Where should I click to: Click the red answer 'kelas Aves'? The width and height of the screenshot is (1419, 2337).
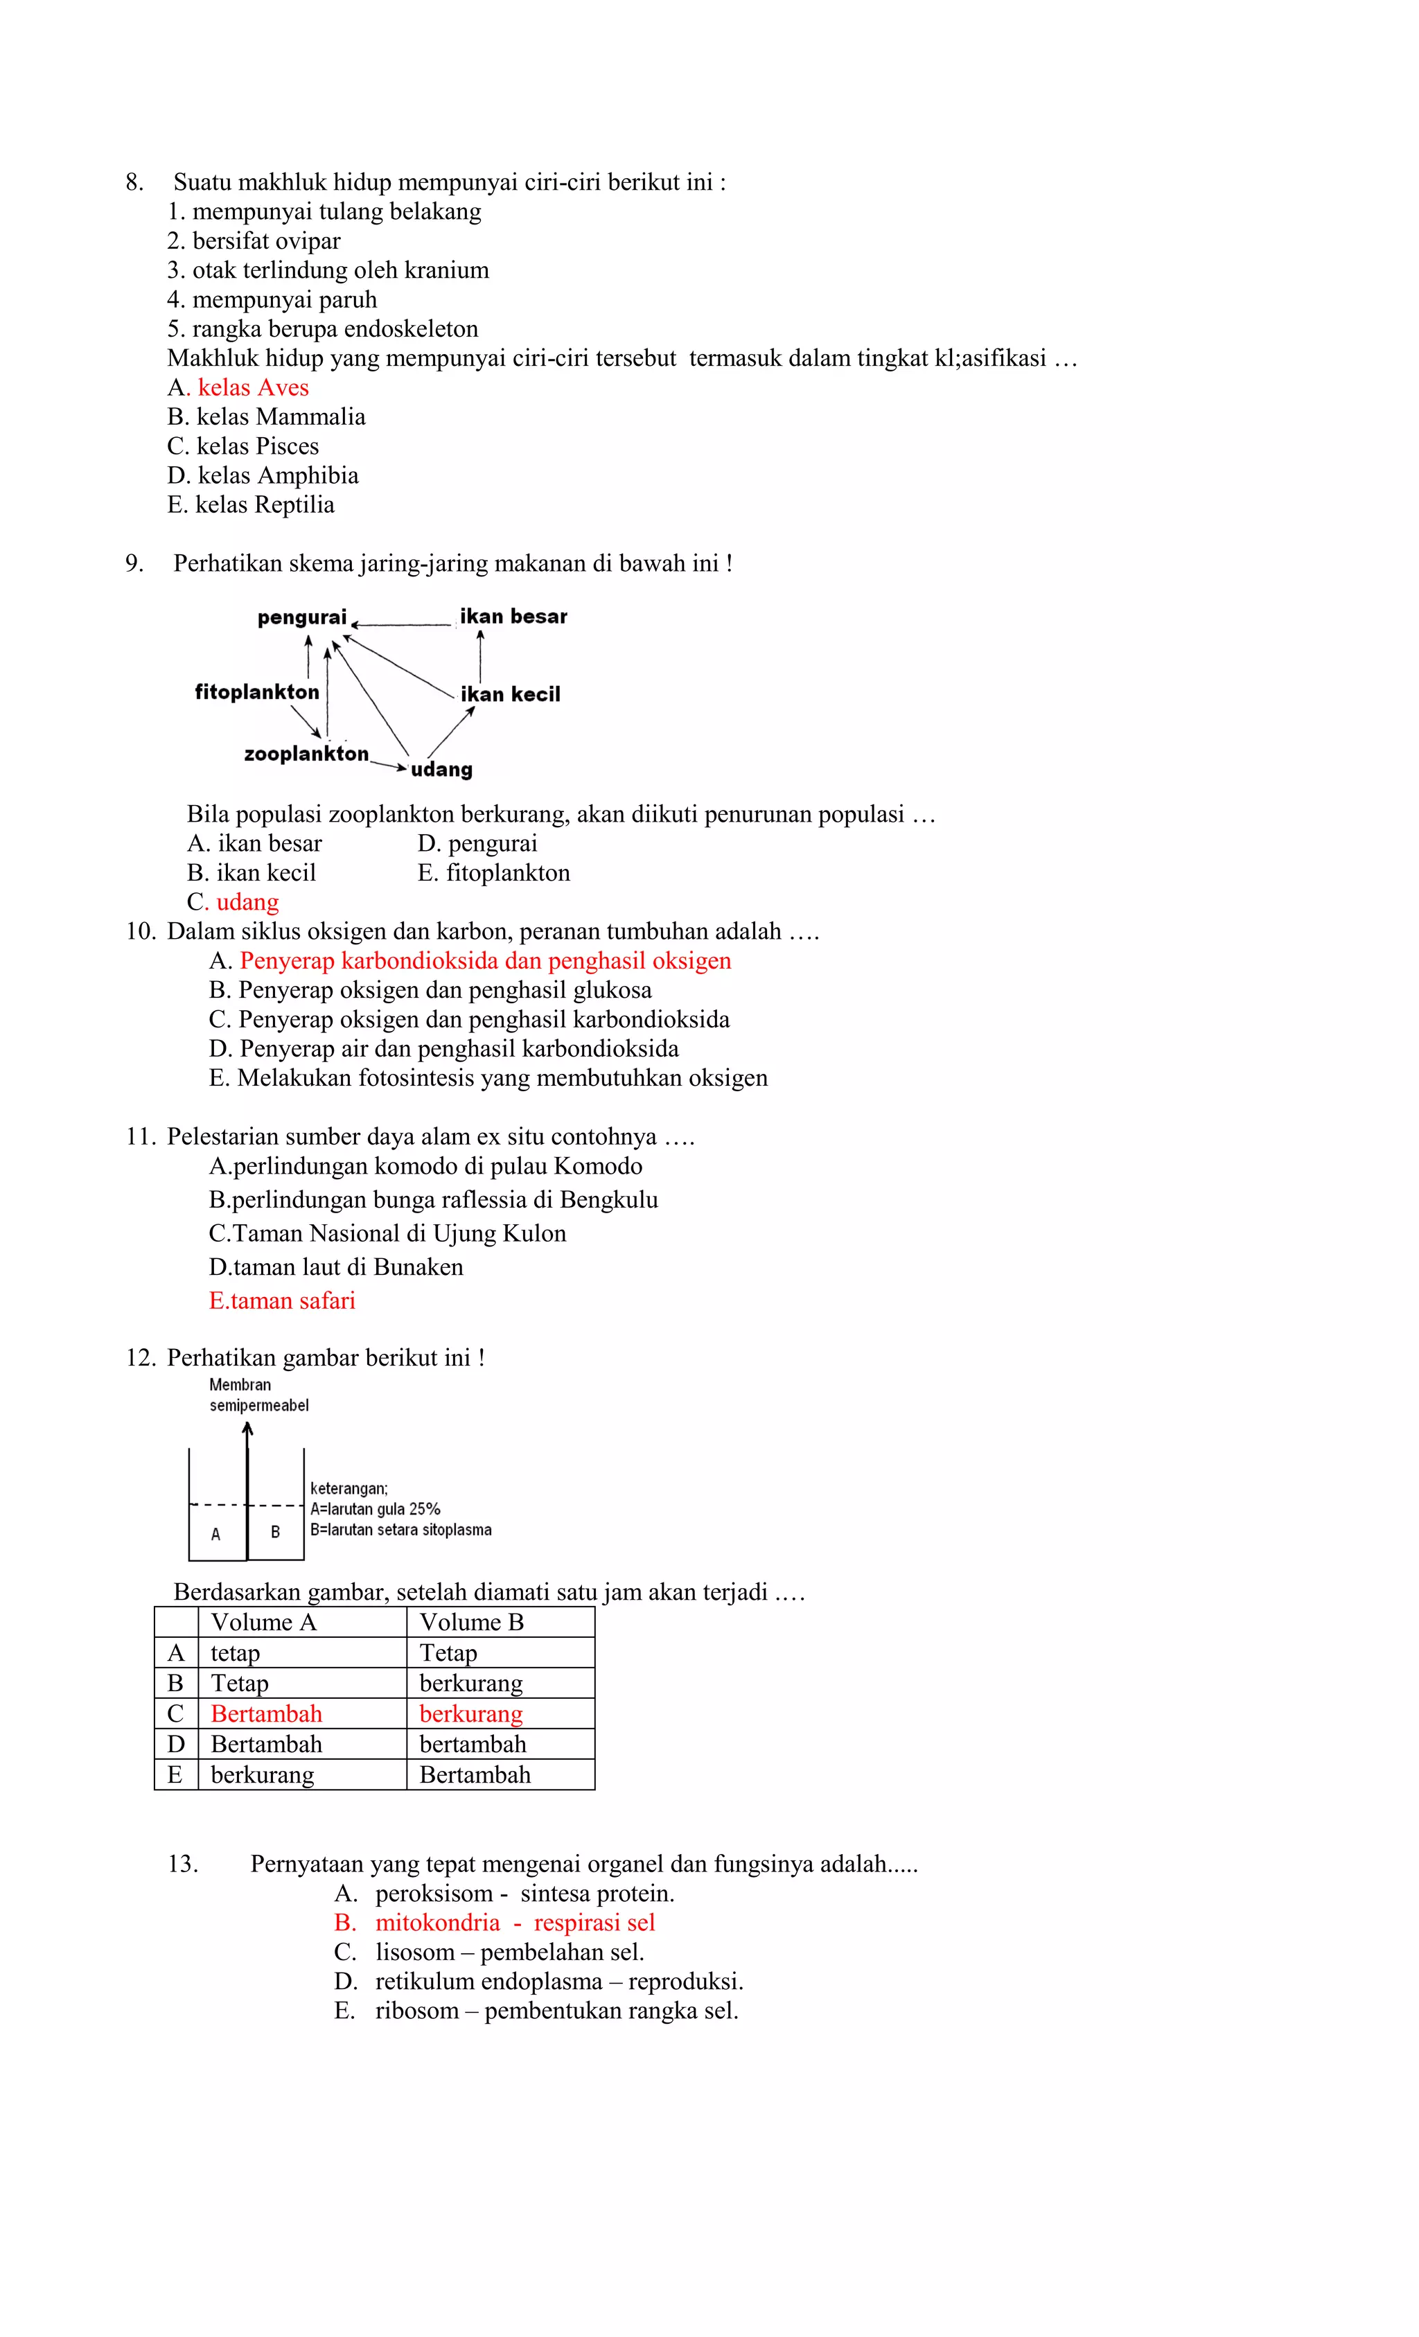click(x=252, y=387)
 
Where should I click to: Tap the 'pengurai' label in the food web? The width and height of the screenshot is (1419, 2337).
click(x=301, y=617)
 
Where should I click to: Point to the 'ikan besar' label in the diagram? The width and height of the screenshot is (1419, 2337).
click(x=513, y=617)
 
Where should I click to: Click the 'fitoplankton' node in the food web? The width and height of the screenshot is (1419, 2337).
click(x=257, y=691)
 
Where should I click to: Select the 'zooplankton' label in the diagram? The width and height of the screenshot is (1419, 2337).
click(x=306, y=754)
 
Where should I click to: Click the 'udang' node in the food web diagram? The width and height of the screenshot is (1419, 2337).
click(x=441, y=769)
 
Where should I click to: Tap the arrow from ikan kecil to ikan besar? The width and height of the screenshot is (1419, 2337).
click(x=480, y=655)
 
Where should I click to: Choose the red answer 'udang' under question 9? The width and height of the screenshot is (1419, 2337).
click(x=247, y=902)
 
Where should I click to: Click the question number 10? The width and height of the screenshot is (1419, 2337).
click(x=141, y=931)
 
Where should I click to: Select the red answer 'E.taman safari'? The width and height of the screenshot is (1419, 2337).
click(x=282, y=1300)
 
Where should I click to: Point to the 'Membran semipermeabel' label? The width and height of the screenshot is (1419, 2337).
click(x=258, y=1395)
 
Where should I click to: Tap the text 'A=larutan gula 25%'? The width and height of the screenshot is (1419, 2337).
click(x=375, y=1509)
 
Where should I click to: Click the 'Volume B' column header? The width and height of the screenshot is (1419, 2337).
click(x=471, y=1623)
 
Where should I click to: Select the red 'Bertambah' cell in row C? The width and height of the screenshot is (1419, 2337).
click(x=267, y=1714)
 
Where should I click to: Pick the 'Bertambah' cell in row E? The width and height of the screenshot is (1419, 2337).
click(x=475, y=1774)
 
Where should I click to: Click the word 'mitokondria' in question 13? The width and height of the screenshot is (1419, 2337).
click(x=437, y=1923)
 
